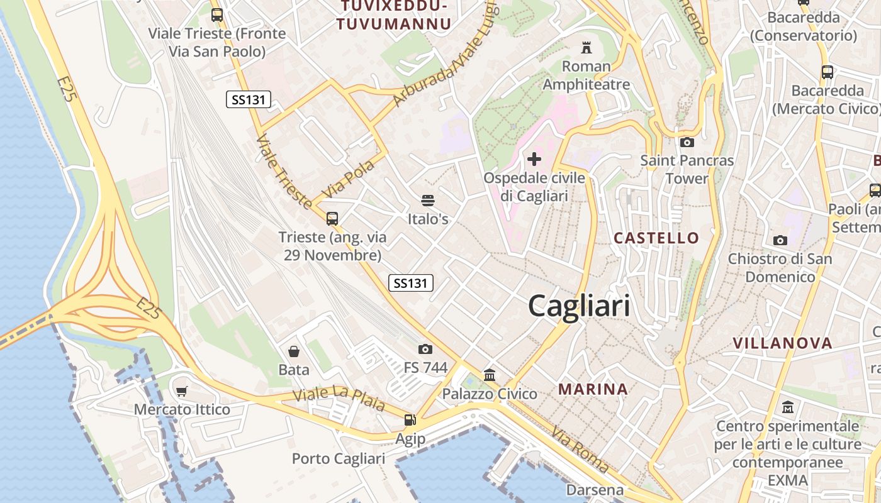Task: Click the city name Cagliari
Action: click(x=579, y=306)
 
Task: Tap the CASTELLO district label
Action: click(x=656, y=238)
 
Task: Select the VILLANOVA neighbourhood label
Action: click(x=782, y=343)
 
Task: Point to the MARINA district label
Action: click(x=593, y=389)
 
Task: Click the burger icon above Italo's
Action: click(x=428, y=201)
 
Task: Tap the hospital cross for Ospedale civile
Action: click(x=534, y=159)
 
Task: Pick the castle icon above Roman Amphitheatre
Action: click(x=586, y=47)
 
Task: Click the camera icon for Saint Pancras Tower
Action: click(x=687, y=142)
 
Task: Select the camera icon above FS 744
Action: click(x=425, y=349)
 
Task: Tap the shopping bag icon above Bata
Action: click(x=293, y=351)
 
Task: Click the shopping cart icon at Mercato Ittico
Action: click(x=182, y=391)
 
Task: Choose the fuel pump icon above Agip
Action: click(x=410, y=419)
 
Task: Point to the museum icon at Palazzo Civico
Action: click(x=490, y=375)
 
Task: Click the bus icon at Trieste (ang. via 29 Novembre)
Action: click(x=332, y=219)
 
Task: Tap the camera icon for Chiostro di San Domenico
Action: click(x=780, y=240)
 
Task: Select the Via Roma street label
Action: click(x=580, y=450)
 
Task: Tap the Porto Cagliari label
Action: click(x=338, y=459)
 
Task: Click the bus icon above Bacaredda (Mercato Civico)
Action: click(x=827, y=72)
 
